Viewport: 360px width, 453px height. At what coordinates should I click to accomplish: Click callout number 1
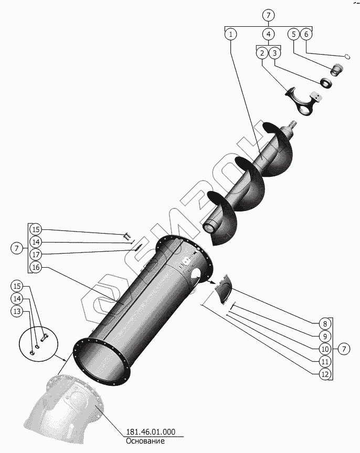[x=230, y=35]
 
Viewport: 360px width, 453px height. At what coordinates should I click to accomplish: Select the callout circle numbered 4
[x=268, y=35]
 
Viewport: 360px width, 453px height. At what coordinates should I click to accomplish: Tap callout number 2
[x=262, y=53]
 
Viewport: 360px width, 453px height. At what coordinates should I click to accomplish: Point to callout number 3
[x=275, y=53]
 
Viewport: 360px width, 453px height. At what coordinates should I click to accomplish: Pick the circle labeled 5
[x=294, y=35]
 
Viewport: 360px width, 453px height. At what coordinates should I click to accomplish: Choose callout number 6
[x=307, y=35]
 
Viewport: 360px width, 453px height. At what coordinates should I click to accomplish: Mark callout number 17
[x=35, y=255]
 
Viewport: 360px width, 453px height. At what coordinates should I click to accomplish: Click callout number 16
[x=35, y=267]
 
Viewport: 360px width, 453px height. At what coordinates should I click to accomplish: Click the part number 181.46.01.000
[x=150, y=433]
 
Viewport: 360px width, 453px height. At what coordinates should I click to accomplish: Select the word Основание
[x=145, y=441]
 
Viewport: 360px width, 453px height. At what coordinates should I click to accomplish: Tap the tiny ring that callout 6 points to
[x=347, y=56]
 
